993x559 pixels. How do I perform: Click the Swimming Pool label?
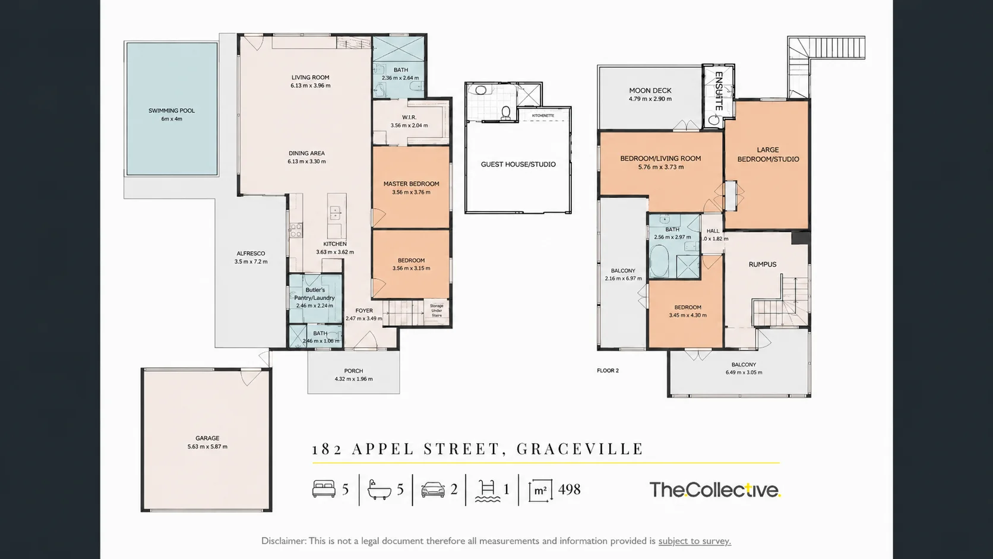pos(172,111)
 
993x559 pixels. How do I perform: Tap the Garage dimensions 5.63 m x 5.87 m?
pos(207,446)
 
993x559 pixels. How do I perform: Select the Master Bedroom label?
pos(412,184)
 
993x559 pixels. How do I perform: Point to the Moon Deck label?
pos(650,90)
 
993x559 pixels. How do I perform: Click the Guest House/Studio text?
pos(518,165)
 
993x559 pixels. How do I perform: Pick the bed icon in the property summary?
pos(324,489)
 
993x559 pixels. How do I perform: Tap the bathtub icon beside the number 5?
pos(380,489)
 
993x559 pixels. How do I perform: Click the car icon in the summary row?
pos(433,489)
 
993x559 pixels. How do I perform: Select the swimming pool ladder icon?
pos(488,490)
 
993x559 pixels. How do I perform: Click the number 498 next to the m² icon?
pos(569,489)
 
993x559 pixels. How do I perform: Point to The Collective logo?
pos(715,490)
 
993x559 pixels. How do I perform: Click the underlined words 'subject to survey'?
pos(695,541)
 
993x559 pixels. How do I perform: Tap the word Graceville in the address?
pos(580,449)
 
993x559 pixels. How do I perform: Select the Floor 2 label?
pos(608,371)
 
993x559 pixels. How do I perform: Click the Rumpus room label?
pos(763,265)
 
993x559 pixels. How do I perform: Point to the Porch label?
pos(354,371)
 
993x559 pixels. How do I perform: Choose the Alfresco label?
pos(251,254)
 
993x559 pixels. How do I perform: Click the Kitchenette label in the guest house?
pos(543,116)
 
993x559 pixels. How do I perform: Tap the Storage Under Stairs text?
pos(437,311)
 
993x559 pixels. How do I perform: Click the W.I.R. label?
pos(409,118)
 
